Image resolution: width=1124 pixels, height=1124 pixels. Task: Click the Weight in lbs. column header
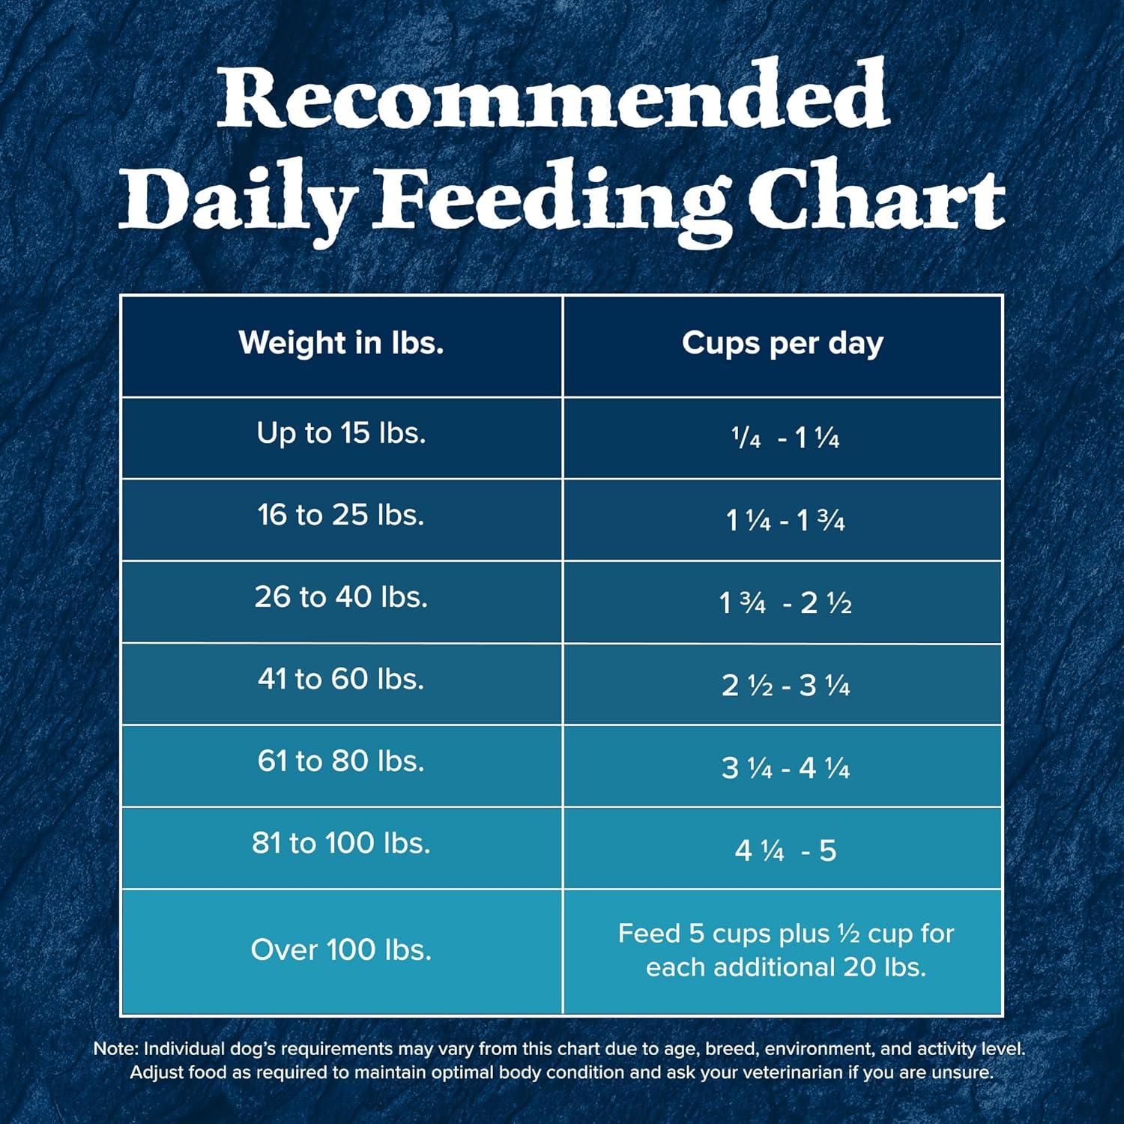point(341,343)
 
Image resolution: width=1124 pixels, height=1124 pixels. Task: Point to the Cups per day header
point(782,343)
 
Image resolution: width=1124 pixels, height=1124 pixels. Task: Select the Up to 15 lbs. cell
point(341,433)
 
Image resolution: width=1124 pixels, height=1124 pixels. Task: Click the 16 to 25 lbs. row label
point(341,515)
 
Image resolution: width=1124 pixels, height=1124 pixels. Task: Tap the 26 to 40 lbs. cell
point(341,597)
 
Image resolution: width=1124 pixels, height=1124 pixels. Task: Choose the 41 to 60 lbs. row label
point(341,679)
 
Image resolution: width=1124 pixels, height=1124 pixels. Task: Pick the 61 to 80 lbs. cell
point(341,761)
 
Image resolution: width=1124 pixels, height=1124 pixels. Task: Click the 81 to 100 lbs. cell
point(341,843)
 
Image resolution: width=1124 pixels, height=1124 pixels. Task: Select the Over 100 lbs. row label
point(341,950)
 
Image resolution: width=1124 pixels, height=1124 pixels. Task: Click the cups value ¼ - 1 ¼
point(785,438)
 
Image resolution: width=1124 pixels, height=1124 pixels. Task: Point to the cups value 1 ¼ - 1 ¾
point(785,520)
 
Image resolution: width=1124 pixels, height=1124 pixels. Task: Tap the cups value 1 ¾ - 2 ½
point(785,602)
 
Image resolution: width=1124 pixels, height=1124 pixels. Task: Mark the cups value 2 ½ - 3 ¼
point(785,685)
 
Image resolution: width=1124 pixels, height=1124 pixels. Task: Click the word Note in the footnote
point(115,1049)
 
